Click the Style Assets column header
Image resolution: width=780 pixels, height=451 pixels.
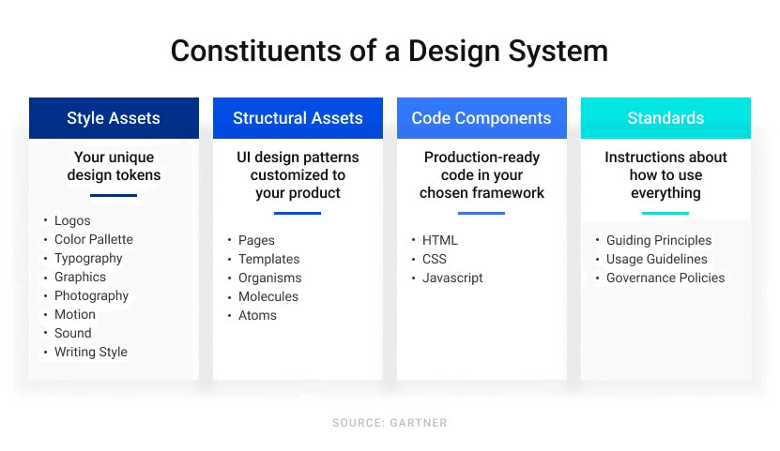pos(114,118)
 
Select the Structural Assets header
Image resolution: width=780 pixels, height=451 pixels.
pos(298,118)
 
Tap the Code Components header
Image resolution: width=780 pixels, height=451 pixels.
pos(482,118)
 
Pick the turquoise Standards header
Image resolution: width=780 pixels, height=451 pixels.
pos(665,118)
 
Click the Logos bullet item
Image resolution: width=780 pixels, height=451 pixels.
pos(72,220)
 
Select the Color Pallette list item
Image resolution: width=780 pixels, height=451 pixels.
pos(94,239)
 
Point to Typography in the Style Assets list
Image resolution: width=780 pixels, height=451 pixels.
pos(88,258)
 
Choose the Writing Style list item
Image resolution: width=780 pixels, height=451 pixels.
pos(90,353)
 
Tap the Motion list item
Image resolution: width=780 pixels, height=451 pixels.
pos(74,314)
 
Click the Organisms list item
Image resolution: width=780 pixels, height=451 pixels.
pos(269,278)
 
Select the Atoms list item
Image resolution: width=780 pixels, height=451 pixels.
pos(257,315)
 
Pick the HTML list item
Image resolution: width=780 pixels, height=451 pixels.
pos(439,240)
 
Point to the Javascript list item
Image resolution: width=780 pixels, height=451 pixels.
pos(452,278)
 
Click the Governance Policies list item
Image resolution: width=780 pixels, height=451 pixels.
pos(665,278)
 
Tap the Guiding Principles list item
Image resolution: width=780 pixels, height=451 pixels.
pos(659,240)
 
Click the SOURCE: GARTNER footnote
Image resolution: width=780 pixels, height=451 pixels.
pos(390,423)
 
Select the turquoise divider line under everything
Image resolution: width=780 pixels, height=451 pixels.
pos(665,213)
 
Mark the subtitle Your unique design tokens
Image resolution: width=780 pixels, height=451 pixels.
pos(114,166)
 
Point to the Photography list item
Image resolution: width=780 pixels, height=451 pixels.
pos(92,296)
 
